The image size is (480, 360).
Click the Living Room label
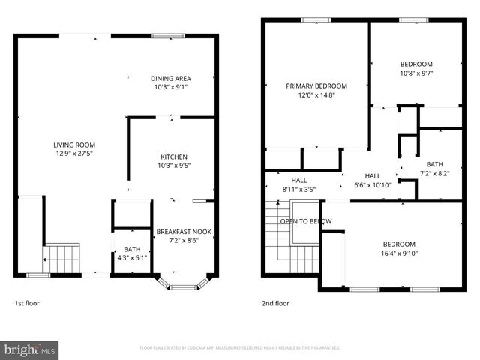tap(73, 145)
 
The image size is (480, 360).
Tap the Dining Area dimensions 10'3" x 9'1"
tap(170, 87)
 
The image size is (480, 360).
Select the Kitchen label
tap(172, 157)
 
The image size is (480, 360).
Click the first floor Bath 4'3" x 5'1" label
tap(131, 249)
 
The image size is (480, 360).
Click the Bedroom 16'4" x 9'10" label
tap(399, 244)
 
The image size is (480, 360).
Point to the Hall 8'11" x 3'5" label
tap(298, 181)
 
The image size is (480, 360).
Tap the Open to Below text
tap(305, 222)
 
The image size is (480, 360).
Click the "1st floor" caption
tap(27, 304)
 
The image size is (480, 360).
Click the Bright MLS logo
tap(30, 349)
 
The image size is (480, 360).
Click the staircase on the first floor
tap(61, 259)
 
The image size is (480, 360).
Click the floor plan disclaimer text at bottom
tap(240, 348)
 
